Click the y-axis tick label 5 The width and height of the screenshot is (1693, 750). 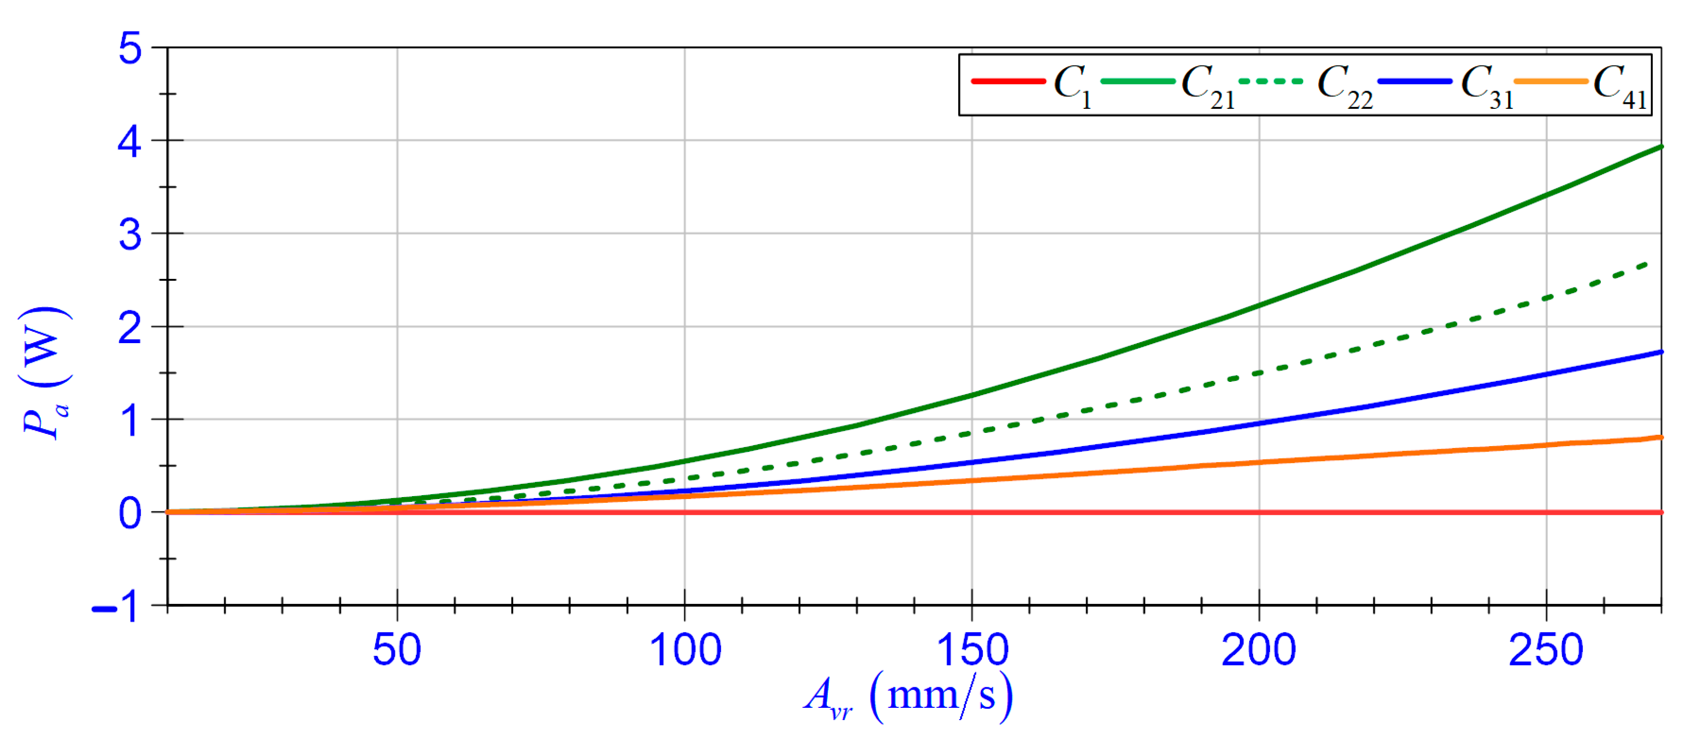[x=130, y=49]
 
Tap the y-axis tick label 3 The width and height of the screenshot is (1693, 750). [x=130, y=235]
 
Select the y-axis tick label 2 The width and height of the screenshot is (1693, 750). [x=130, y=328]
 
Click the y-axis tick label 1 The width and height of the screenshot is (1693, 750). [x=130, y=421]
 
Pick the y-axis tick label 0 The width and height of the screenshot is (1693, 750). [x=130, y=514]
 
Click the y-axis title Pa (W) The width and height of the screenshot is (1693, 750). [x=45, y=373]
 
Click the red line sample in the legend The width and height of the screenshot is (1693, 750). [x=1008, y=81]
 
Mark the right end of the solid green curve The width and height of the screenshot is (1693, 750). [x=1660, y=147]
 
